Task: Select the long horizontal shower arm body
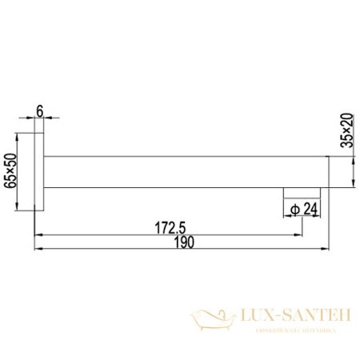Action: (184, 172)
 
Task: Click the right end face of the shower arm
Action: (329, 172)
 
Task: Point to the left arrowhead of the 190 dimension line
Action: (38, 249)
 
